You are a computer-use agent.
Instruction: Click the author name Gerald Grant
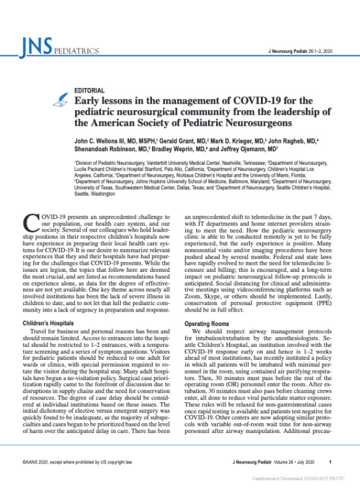point(179,143)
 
